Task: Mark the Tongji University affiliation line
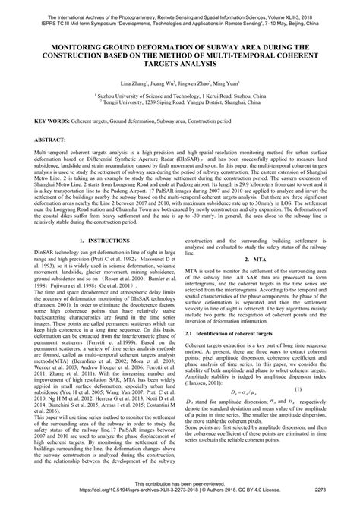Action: pos(179,105)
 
